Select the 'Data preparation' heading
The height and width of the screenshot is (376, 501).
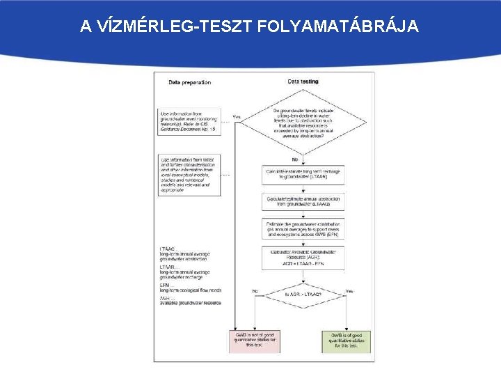pyautogui.click(x=190, y=82)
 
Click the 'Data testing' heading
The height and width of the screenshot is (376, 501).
pyautogui.click(x=303, y=81)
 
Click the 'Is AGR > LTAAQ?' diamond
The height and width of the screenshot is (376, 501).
pyautogui.click(x=303, y=295)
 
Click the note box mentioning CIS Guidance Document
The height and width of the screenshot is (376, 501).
pyautogui.click(x=190, y=121)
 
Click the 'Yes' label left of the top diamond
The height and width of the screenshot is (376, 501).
pyautogui.click(x=237, y=116)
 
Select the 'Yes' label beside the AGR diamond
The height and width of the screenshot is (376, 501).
pyautogui.click(x=349, y=291)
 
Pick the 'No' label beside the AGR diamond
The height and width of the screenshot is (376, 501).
pyautogui.click(x=255, y=291)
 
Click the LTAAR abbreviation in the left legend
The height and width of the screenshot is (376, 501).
pyautogui.click(x=168, y=267)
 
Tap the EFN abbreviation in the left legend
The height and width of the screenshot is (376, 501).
pyautogui.click(x=164, y=285)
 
